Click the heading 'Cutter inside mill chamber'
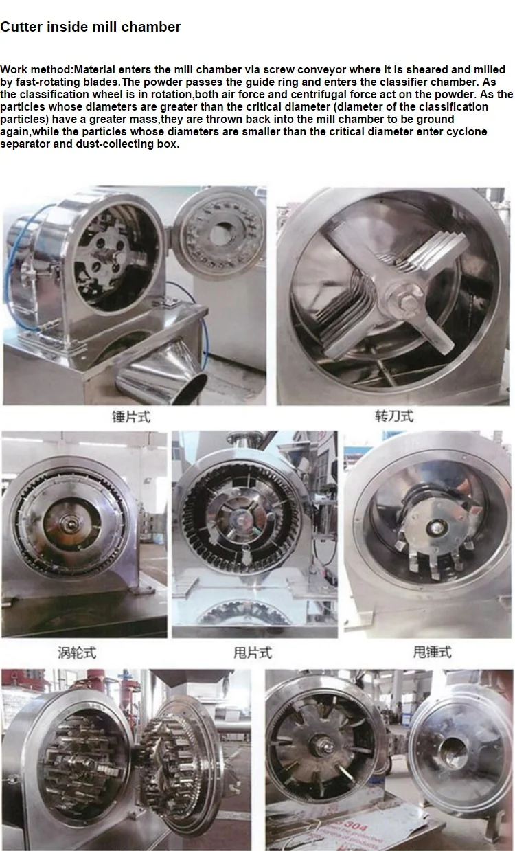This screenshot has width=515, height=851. (91, 27)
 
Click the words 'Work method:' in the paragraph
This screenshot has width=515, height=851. (37, 70)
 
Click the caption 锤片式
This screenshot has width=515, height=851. (130, 416)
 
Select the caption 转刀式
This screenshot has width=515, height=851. (394, 416)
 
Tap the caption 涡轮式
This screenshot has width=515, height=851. (76, 653)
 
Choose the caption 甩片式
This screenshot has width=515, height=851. (253, 653)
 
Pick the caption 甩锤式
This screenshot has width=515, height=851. (432, 653)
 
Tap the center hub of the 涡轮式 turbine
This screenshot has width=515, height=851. (71, 524)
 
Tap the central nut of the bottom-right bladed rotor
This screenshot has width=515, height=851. (321, 745)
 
